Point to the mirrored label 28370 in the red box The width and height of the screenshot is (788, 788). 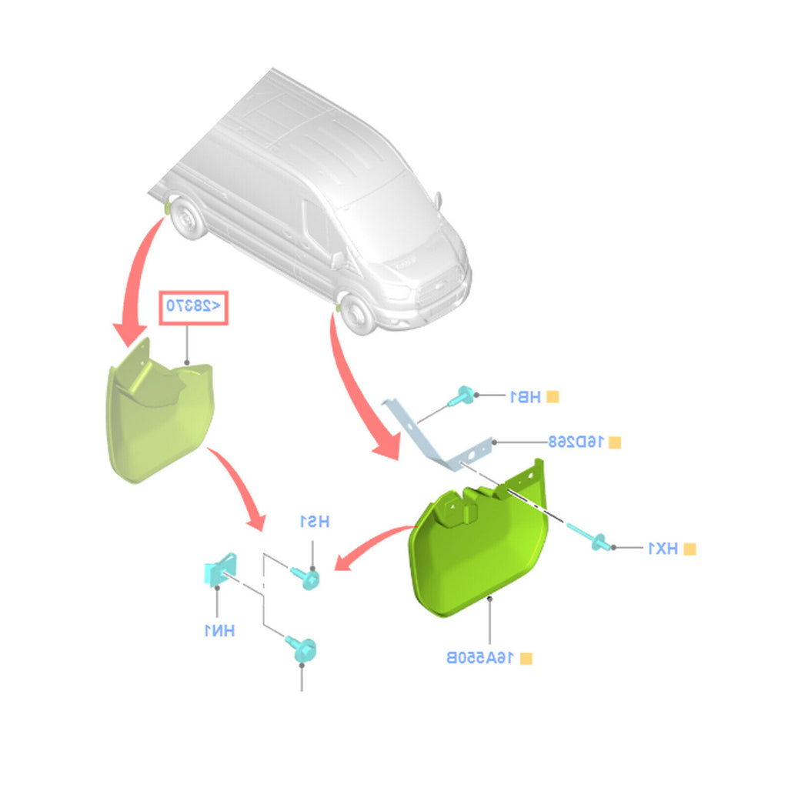pyautogui.click(x=193, y=306)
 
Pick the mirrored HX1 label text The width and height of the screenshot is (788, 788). pyautogui.click(x=662, y=549)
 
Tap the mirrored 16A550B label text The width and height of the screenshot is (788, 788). pyautogui.click(x=480, y=658)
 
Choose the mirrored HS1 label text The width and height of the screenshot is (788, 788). pyautogui.click(x=314, y=522)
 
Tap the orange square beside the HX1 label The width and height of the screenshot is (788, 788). pyautogui.click(x=690, y=549)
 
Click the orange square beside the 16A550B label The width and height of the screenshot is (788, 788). pyautogui.click(x=526, y=659)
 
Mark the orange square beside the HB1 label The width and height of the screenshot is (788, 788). pyautogui.click(x=553, y=397)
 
